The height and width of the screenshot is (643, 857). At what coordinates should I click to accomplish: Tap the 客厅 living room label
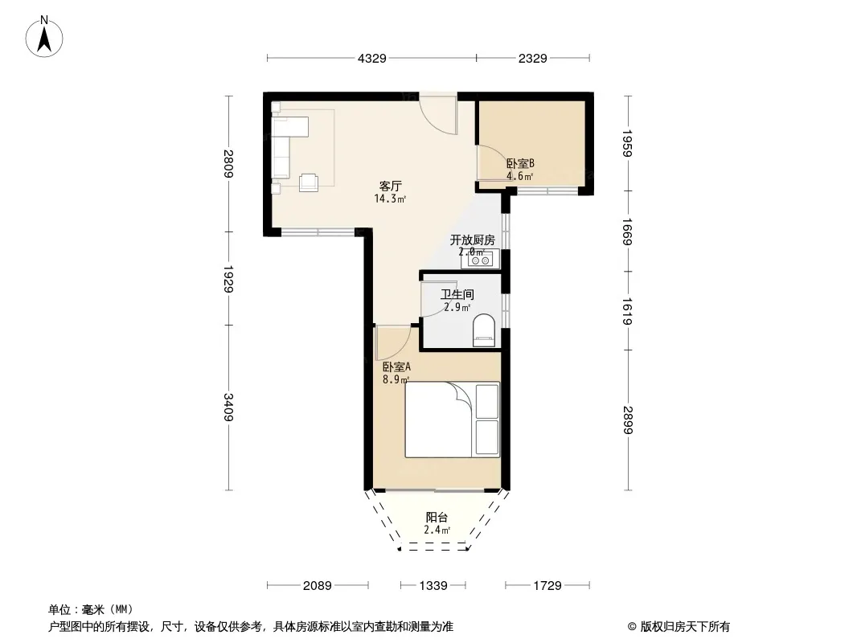tap(391, 186)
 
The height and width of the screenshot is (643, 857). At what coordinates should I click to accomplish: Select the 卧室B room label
tap(520, 163)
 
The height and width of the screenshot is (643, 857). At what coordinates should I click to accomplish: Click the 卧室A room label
tap(396, 367)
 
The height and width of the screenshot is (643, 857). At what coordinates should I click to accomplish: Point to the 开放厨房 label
tap(472, 240)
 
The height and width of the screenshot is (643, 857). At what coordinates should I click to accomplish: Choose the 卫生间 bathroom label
tap(457, 294)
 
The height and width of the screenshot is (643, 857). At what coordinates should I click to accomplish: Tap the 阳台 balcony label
tap(437, 517)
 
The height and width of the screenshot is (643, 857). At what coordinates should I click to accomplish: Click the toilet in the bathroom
tap(482, 330)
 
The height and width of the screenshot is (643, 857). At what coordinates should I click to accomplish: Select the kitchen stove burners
tap(480, 260)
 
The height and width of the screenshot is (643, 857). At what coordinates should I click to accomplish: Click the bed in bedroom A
tap(452, 420)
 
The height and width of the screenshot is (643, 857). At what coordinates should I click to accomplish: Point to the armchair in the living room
tap(309, 182)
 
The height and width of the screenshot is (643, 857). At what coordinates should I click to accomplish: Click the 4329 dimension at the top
tap(371, 58)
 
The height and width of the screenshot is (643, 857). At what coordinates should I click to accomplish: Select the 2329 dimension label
tap(532, 58)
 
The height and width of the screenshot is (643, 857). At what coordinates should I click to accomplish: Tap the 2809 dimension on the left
tap(228, 163)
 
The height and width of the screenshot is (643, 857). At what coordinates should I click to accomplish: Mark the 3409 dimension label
tap(228, 408)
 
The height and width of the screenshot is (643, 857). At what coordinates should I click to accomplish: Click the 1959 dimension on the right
tap(627, 143)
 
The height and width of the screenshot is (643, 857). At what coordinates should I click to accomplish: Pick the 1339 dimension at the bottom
tap(433, 586)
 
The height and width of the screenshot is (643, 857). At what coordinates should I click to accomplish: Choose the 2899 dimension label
tap(627, 420)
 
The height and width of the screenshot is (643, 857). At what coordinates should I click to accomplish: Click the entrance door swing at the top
tap(438, 115)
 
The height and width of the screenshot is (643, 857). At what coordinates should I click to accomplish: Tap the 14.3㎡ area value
tap(390, 199)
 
